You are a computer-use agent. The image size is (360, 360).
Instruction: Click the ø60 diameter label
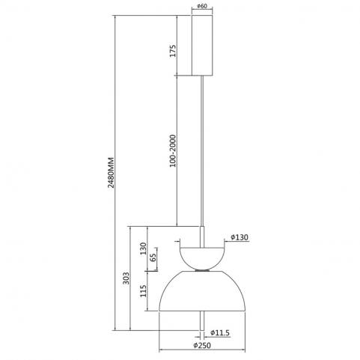(202, 6)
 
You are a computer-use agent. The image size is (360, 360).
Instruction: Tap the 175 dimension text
(173, 51)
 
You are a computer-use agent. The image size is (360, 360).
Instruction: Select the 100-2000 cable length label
(173, 151)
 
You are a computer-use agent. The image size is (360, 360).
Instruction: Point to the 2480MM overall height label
(111, 172)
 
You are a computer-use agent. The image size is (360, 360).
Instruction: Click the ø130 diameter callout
(240, 237)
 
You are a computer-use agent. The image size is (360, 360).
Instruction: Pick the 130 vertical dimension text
(143, 248)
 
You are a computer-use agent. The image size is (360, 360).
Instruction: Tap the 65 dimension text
(153, 257)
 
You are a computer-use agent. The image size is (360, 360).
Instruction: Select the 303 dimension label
(126, 278)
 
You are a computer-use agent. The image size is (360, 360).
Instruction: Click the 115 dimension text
(143, 291)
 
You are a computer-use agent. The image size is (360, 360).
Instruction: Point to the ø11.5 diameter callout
(220, 332)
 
